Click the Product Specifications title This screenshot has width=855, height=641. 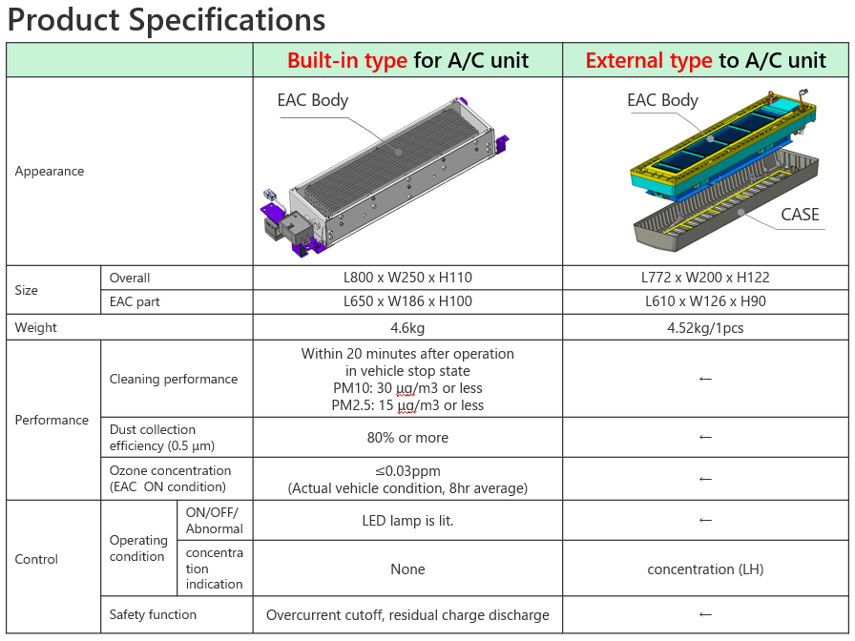pos(166,20)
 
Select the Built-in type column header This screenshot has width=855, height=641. pos(407,60)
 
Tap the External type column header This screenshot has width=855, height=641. pos(705,60)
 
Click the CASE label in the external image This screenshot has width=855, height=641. pos(800,215)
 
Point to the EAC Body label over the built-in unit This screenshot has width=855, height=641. pos(312,100)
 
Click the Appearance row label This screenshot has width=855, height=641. pos(50,171)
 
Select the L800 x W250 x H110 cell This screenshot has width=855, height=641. pos(407,278)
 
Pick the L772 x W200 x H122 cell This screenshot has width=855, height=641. pos(705,278)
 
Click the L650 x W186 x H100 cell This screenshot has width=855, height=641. pos(407,301)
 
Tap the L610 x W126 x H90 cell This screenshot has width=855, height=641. pos(705,301)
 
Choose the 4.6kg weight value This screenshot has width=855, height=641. pos(407,328)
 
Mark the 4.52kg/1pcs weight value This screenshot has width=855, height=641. pos(705,328)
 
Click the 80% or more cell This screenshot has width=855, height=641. pos(407,438)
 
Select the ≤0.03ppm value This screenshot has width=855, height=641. pos(407,471)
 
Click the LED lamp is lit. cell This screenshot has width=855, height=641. pos(407,521)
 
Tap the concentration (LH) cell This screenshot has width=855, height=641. pos(705,569)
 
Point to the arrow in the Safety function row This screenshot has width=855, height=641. pos(705,615)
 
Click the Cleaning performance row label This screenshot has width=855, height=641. pos(174,379)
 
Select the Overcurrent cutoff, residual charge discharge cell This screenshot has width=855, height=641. pos(407,615)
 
